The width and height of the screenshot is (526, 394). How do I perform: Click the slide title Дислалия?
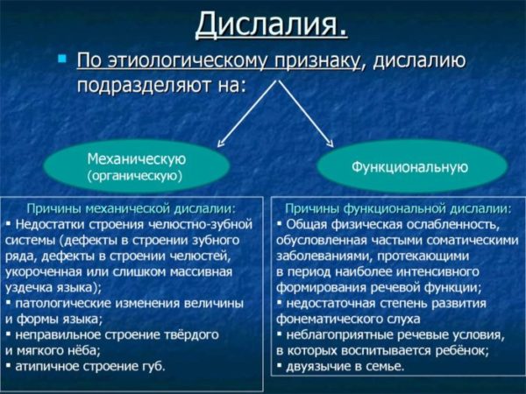click(271, 25)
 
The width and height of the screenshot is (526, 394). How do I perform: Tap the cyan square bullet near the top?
click(62, 59)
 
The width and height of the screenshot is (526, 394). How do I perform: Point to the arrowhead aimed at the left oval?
click(220, 144)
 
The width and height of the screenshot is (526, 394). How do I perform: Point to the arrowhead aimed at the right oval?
click(331, 144)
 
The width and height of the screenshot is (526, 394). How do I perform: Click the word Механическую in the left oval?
click(136, 159)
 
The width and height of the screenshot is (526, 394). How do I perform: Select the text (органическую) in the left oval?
click(134, 176)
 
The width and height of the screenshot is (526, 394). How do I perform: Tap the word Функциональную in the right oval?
click(409, 167)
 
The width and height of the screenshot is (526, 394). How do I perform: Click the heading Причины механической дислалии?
click(131, 208)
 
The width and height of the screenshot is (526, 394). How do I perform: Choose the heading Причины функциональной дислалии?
click(398, 208)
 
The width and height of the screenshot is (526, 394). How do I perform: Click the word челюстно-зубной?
click(200, 224)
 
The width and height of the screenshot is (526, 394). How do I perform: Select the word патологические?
click(63, 304)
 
